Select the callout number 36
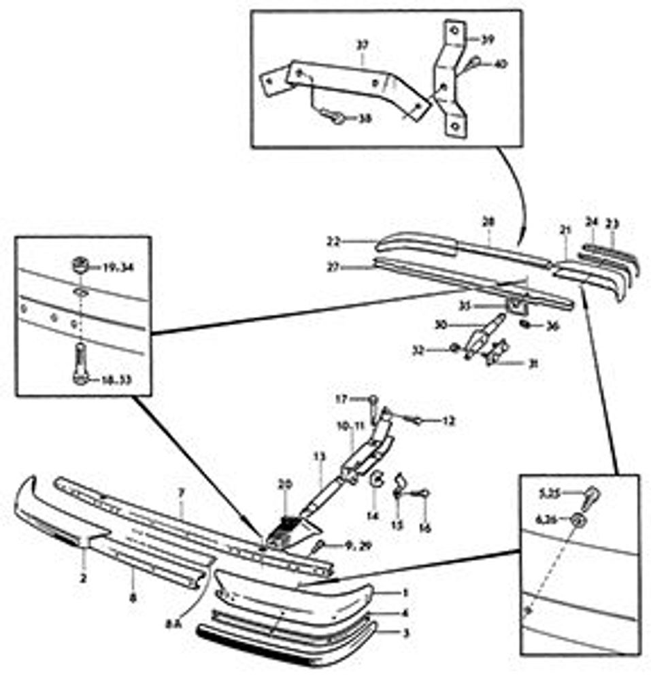pos(552,327)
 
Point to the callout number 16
pos(425,526)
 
